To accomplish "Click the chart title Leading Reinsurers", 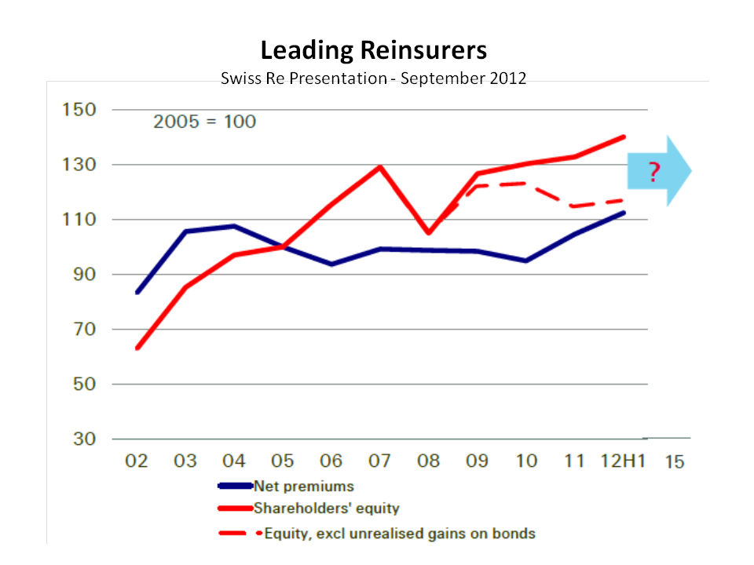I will click(x=374, y=51).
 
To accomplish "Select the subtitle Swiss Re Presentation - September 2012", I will click(x=374, y=79).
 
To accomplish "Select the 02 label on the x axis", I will click(x=137, y=461).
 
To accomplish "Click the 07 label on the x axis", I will click(x=380, y=461).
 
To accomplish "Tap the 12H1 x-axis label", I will click(x=621, y=461).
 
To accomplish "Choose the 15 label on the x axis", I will click(x=675, y=461).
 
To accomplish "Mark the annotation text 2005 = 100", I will click(x=204, y=122).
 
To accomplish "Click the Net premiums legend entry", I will click(x=303, y=487).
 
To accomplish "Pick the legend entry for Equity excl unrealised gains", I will click(x=399, y=534).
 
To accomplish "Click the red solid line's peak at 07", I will click(x=380, y=166).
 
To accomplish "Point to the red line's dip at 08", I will click(x=429, y=233).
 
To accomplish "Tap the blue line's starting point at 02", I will click(x=137, y=292).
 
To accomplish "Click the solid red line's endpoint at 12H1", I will click(x=624, y=137).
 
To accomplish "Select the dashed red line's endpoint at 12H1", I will click(x=624, y=200).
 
